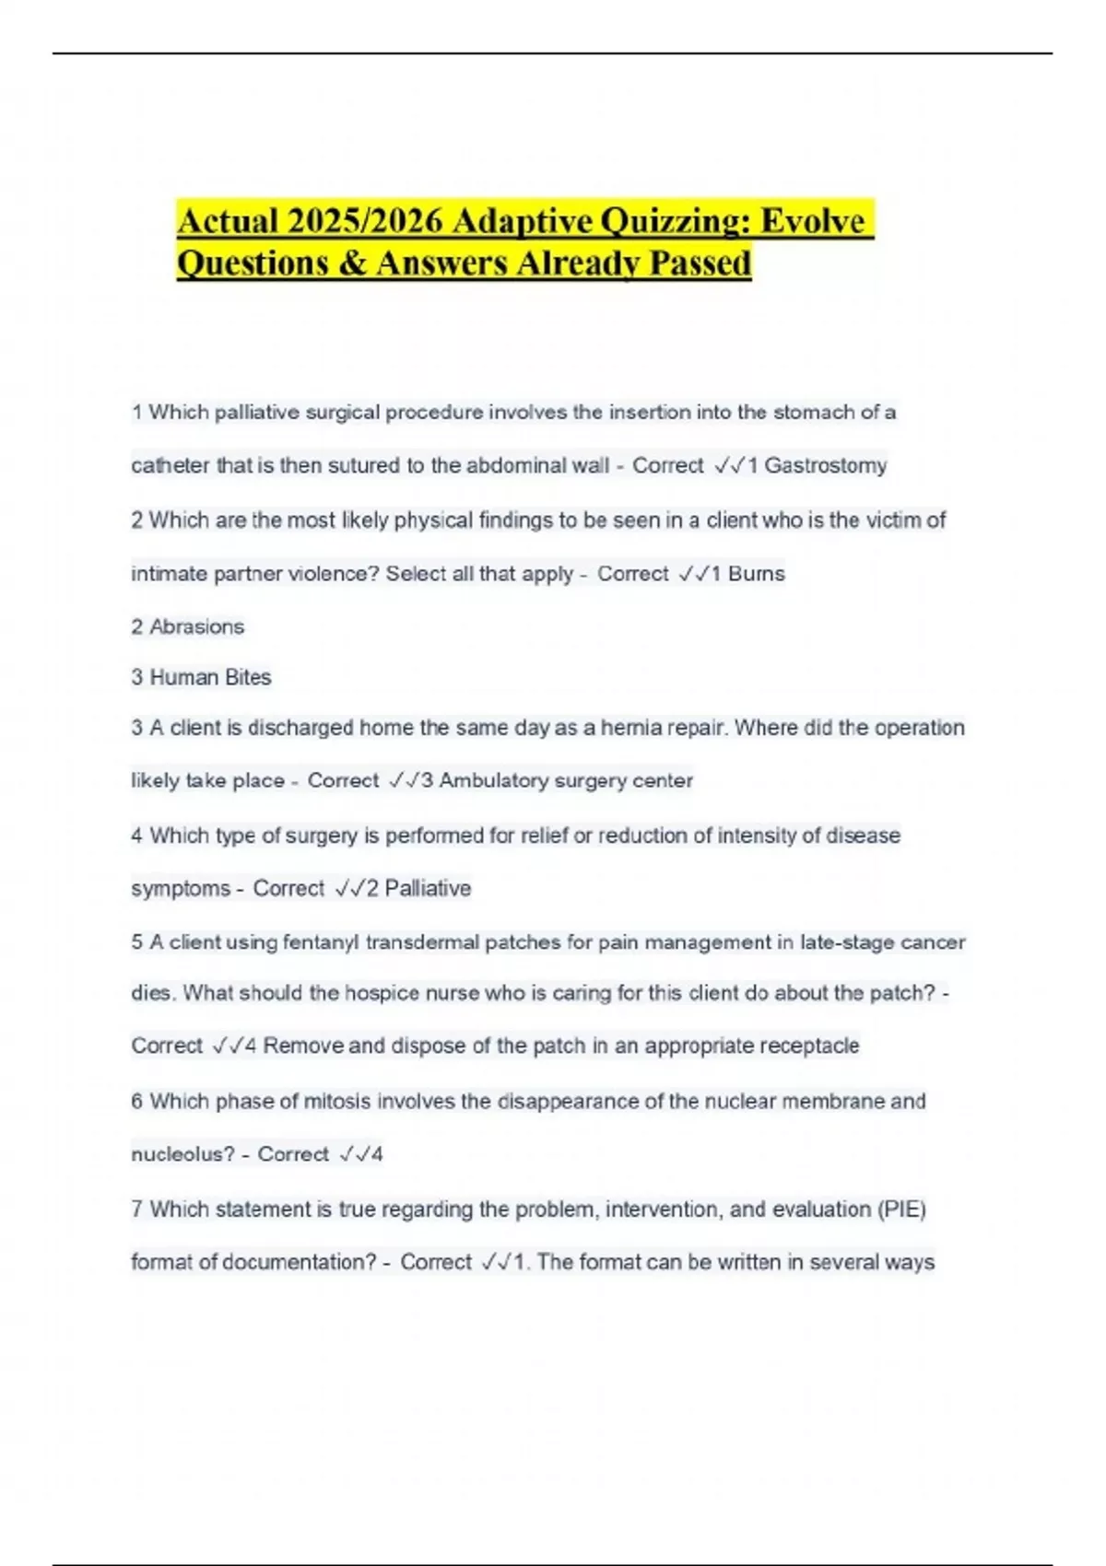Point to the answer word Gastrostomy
point(826,466)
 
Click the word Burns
point(757,574)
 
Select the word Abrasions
point(197,627)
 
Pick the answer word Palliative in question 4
point(428,889)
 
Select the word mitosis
point(339,1102)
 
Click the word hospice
point(381,994)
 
